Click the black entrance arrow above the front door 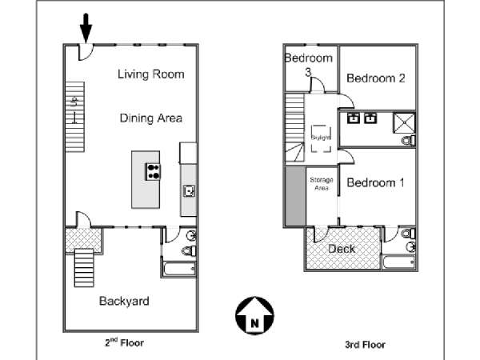86,28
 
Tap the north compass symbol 254,316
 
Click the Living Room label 151,74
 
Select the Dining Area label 151,118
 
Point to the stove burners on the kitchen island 153,171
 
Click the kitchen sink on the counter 189,191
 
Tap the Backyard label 124,301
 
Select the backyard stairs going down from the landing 84,268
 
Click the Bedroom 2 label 376,78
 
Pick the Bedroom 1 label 375,182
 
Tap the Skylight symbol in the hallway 321,138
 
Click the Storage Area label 322,184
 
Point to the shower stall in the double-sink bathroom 404,122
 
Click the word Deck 342,249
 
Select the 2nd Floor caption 124,342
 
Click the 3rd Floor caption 365,345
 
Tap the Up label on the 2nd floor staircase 74,102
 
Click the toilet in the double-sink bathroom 408,141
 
